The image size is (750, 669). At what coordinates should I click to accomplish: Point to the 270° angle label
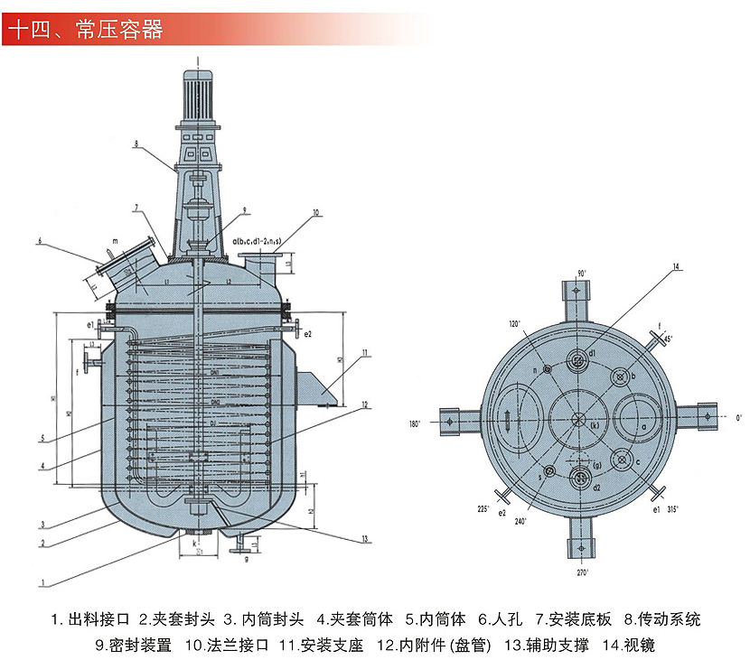(581, 572)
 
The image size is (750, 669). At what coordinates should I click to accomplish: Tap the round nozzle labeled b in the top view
(621, 376)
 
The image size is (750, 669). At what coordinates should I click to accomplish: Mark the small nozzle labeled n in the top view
(546, 368)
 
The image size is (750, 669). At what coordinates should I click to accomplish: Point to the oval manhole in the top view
(511, 420)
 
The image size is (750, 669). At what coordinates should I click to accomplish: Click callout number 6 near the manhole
(41, 241)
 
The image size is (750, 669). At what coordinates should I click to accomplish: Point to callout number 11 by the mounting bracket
(363, 351)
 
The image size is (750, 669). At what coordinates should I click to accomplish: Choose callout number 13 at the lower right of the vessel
(364, 539)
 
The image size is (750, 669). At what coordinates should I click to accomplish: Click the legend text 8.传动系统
(668, 620)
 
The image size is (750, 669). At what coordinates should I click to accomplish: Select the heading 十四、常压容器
(85, 30)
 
